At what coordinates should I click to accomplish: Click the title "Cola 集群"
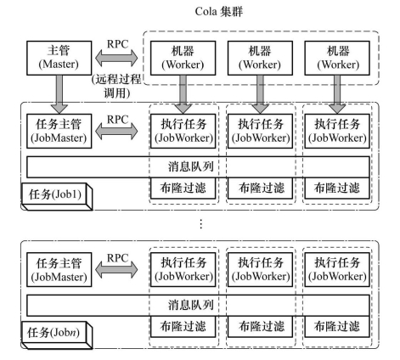pos(218,12)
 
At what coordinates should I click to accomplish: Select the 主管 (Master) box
pos(59,58)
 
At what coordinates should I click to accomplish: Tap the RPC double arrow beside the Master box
pos(116,58)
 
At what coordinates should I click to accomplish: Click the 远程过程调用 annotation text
pos(116,86)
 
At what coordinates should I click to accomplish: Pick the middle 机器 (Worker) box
pos(260,58)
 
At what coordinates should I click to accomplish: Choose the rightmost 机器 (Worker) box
pos(337,58)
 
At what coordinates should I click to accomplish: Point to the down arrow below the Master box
pos(59,94)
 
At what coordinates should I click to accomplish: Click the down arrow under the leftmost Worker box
pos(183,94)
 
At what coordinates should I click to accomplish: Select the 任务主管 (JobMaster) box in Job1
pos(59,131)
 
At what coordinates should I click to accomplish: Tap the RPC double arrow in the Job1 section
pos(116,132)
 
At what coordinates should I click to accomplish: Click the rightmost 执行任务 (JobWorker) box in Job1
pos(337,131)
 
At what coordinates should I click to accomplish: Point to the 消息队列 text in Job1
pos(191,166)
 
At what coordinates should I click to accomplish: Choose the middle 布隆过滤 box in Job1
pos(260,188)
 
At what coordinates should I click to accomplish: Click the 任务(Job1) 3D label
pos(57,197)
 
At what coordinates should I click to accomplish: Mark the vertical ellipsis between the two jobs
pos(201,224)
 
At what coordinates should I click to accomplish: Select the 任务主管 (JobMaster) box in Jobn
pos(59,270)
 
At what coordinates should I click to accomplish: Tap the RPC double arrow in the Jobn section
pos(116,270)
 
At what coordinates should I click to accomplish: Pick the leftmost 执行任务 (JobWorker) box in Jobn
pos(183,270)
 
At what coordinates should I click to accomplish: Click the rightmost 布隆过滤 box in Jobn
pos(337,327)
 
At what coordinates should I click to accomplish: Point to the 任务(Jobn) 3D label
pos(57,335)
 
